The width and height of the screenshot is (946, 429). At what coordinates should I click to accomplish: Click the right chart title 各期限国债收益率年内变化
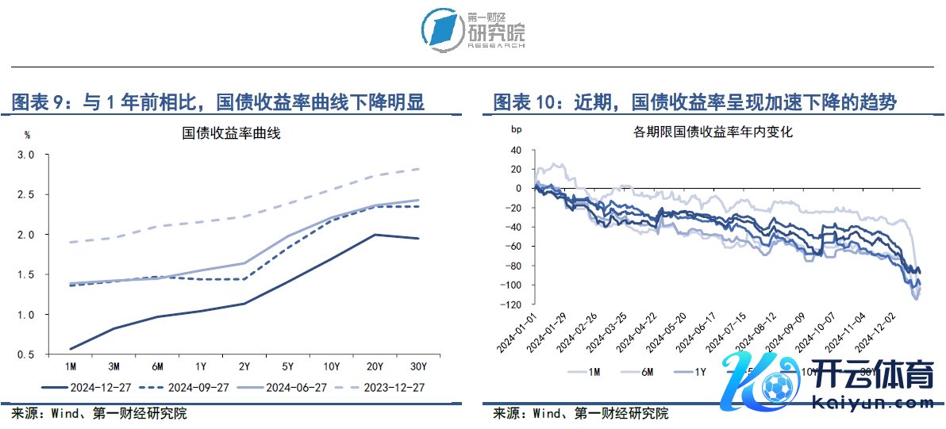coord(713,132)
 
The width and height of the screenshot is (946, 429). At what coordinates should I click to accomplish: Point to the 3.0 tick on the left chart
coord(25,155)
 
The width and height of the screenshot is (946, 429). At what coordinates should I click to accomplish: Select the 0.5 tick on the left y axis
coord(25,354)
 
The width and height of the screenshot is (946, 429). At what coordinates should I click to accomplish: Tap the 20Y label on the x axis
coord(375,366)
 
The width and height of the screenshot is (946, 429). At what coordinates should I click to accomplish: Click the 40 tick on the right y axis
coord(517,150)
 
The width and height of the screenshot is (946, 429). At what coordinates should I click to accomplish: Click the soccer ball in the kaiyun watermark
coord(779,388)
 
